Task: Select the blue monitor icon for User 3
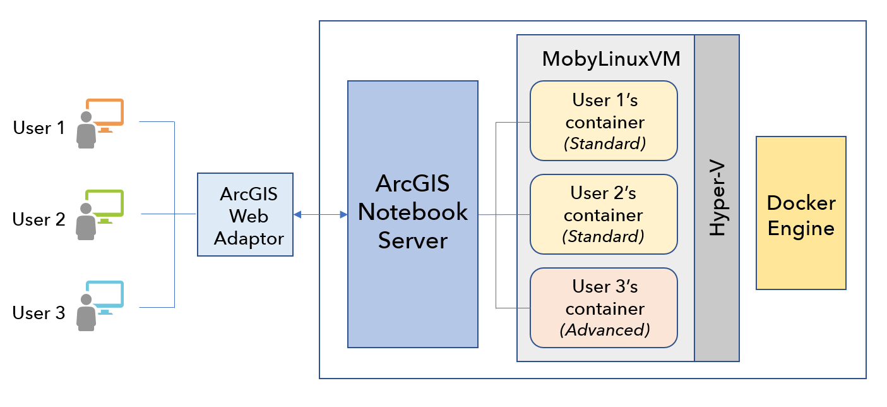click(105, 296)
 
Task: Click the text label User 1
click(39, 128)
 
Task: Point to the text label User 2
click(39, 220)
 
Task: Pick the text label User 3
click(39, 313)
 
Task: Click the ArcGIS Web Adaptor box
click(245, 215)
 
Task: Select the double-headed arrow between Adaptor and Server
click(321, 215)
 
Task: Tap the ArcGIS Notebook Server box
click(413, 214)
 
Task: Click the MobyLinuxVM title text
click(611, 60)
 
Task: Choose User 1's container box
click(604, 121)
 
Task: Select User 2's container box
click(604, 214)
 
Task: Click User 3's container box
click(604, 308)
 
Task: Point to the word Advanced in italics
click(605, 329)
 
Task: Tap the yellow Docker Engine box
click(801, 214)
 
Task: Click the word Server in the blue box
click(413, 241)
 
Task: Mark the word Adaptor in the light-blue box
click(249, 238)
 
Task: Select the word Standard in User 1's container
click(605, 143)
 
